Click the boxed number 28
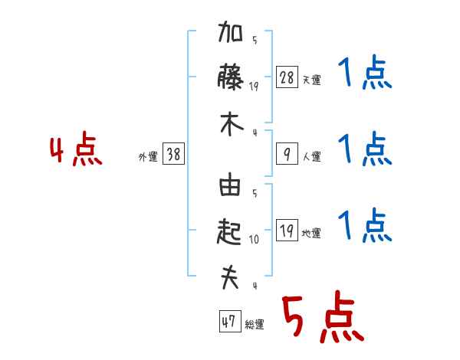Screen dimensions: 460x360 coord(287,78)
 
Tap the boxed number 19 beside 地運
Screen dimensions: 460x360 coord(287,231)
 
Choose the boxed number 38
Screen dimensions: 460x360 coord(173,155)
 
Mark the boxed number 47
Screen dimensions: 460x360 coord(228,322)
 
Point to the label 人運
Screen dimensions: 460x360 coord(311,157)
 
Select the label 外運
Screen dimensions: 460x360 coord(148,157)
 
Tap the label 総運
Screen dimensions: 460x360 coord(254,324)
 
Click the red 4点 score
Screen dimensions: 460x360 coord(75,150)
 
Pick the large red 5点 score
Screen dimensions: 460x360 coord(321,317)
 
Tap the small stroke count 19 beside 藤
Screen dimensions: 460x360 coord(255,87)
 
